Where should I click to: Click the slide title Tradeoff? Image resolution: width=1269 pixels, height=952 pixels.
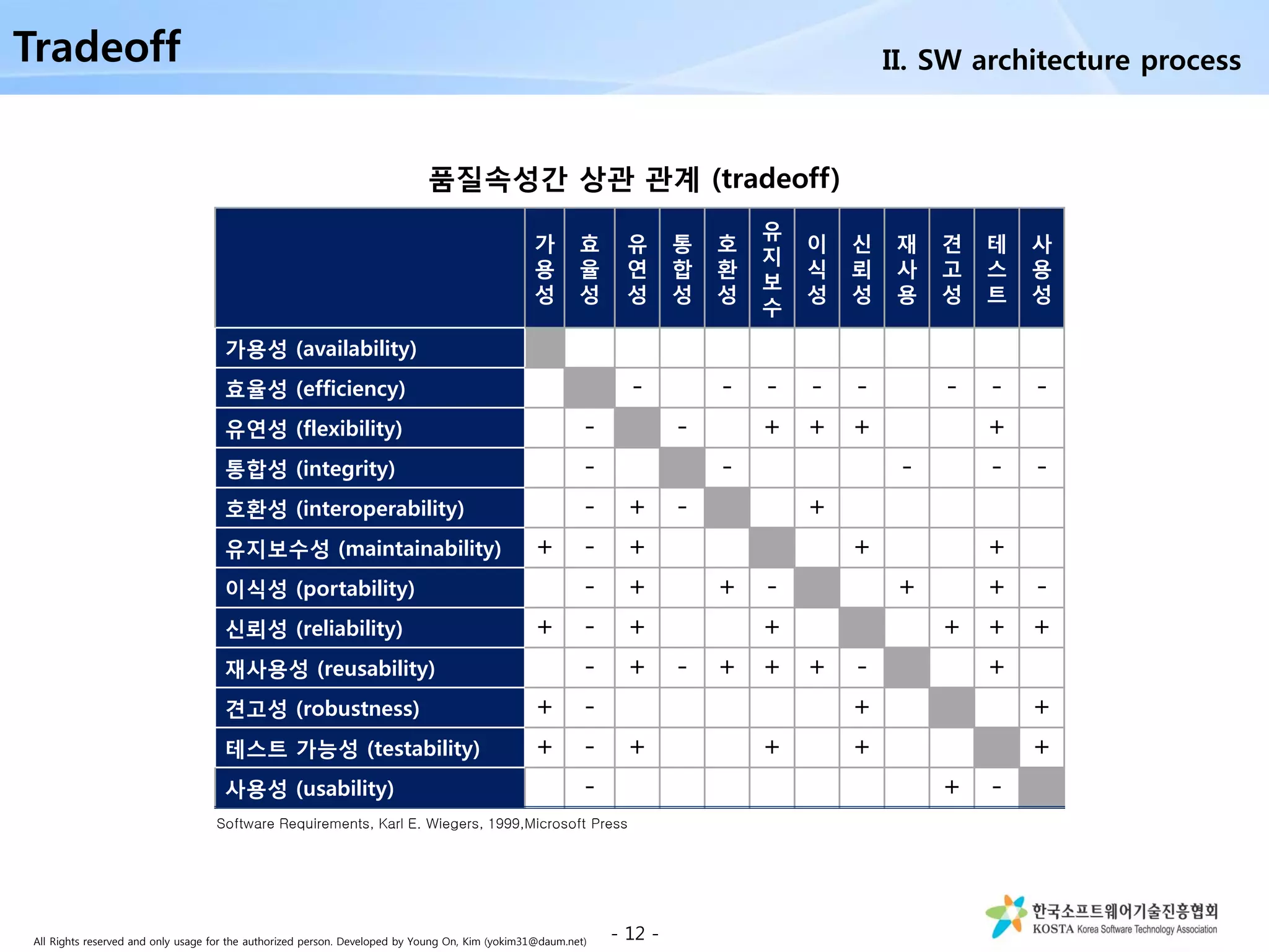[97, 47]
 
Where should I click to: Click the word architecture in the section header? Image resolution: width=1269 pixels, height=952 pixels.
[1051, 60]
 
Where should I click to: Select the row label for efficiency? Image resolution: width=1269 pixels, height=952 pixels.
[315, 389]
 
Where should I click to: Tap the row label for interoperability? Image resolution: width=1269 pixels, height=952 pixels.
[345, 509]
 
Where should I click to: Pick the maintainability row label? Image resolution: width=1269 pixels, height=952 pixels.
[363, 549]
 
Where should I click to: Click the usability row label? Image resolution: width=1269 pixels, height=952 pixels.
[309, 788]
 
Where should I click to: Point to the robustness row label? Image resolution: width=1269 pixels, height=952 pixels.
[322, 708]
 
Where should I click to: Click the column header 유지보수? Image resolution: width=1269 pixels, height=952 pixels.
[771, 268]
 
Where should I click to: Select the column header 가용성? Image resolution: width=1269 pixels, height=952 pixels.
[544, 268]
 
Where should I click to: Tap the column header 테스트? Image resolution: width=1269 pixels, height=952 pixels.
[996, 268]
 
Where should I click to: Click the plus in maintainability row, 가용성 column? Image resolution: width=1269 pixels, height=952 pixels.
[544, 547]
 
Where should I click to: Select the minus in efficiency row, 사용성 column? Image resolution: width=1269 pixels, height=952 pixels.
[1042, 388]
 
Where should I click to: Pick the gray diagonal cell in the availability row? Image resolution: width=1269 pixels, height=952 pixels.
[545, 348]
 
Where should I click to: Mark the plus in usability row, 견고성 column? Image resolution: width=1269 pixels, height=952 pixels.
[951, 787]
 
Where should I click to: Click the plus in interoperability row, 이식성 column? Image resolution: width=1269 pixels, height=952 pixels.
[817, 507]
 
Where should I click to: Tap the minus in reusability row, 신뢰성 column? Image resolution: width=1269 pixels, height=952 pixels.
[861, 668]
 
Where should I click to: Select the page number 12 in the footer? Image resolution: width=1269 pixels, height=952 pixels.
[634, 933]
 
